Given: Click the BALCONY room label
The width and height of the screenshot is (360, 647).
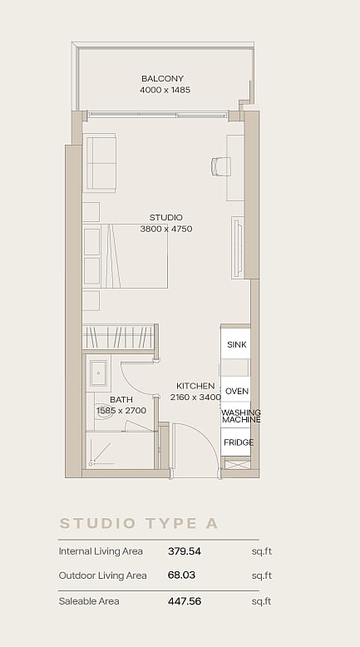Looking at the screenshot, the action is click(x=162, y=78).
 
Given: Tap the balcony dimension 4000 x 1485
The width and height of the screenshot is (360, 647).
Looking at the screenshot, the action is click(x=165, y=90).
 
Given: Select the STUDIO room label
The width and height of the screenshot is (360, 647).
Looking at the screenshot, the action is click(x=165, y=217).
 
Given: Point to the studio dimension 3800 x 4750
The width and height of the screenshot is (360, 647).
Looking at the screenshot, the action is click(x=166, y=229).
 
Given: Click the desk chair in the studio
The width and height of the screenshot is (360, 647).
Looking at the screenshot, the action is click(x=220, y=166).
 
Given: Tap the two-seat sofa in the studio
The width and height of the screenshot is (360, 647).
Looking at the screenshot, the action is click(x=100, y=162).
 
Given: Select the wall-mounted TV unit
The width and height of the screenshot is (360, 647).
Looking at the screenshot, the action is click(x=238, y=248).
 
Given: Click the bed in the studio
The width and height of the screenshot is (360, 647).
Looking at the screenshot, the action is click(x=125, y=256).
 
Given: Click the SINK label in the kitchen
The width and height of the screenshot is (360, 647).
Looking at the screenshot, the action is click(x=237, y=344).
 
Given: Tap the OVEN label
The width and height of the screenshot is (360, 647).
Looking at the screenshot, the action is click(x=237, y=391).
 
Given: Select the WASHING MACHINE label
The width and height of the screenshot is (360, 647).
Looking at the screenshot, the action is click(x=241, y=416).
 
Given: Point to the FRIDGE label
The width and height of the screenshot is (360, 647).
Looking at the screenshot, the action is click(x=239, y=442).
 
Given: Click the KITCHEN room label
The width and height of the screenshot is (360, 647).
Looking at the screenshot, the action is click(x=195, y=386).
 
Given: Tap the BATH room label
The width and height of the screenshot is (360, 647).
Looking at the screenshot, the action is click(x=121, y=400).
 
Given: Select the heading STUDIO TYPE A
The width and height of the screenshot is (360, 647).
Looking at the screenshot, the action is click(x=139, y=523).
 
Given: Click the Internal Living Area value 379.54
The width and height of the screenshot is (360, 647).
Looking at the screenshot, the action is click(x=185, y=551).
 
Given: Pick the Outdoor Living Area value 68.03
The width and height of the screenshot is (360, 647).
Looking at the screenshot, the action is click(x=181, y=575).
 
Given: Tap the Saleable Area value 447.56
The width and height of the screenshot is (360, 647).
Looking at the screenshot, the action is click(x=185, y=601).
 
